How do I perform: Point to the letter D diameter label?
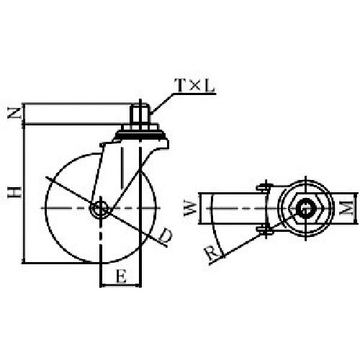(x=165, y=235)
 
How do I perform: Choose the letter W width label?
(x=189, y=210)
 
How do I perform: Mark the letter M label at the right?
(x=348, y=209)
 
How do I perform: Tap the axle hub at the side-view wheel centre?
(x=100, y=209)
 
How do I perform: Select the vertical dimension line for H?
(x=24, y=191)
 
